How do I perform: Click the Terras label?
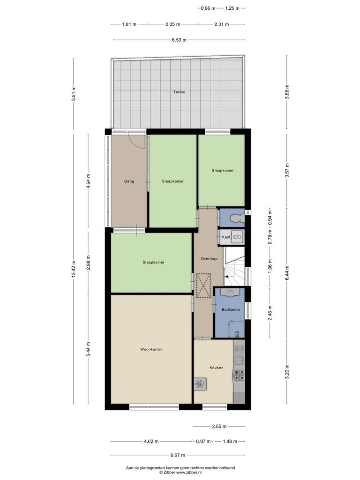click(179, 92)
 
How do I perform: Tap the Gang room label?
click(129, 181)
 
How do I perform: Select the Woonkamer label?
click(151, 349)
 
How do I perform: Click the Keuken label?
click(217, 367)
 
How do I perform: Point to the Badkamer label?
click(231, 309)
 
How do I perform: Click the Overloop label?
click(209, 259)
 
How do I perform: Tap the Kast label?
click(226, 237)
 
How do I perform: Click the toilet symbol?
click(238, 218)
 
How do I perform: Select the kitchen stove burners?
click(239, 376)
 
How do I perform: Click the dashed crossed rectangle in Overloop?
click(203, 285)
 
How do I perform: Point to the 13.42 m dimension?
click(74, 270)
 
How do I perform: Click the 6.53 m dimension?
click(179, 40)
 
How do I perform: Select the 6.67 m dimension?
click(178, 455)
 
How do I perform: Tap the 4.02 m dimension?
click(151, 442)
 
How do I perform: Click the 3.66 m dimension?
click(287, 91)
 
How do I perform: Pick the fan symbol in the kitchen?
click(200, 384)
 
